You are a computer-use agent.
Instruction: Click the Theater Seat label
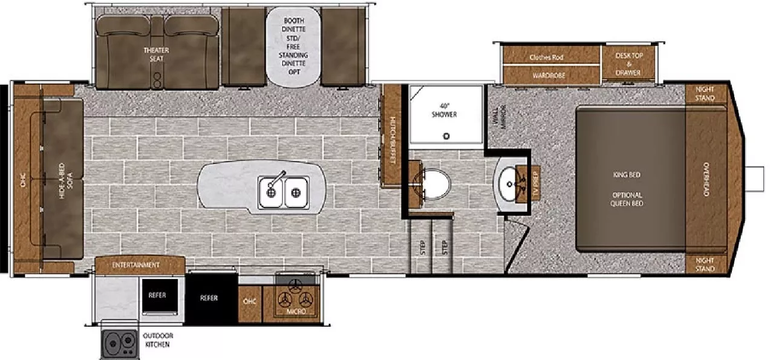coord(156,54)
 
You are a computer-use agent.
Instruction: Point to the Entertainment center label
coord(136,265)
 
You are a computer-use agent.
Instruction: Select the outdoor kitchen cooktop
coord(119,343)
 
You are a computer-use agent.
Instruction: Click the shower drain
coord(447,136)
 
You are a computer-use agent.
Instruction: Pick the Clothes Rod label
coord(546,57)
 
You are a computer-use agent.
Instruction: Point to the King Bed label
coord(626,175)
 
